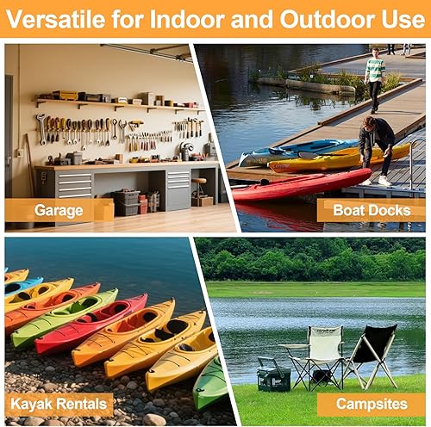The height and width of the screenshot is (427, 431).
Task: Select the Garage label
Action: click(59, 209)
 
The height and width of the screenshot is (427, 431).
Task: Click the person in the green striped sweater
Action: click(374, 77)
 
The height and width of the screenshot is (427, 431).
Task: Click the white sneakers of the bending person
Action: click(374, 181)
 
